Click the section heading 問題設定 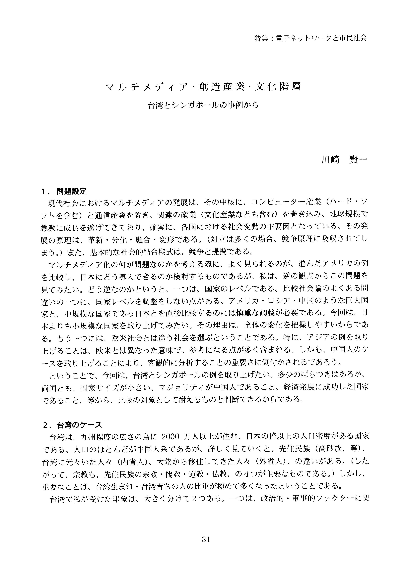72,191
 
